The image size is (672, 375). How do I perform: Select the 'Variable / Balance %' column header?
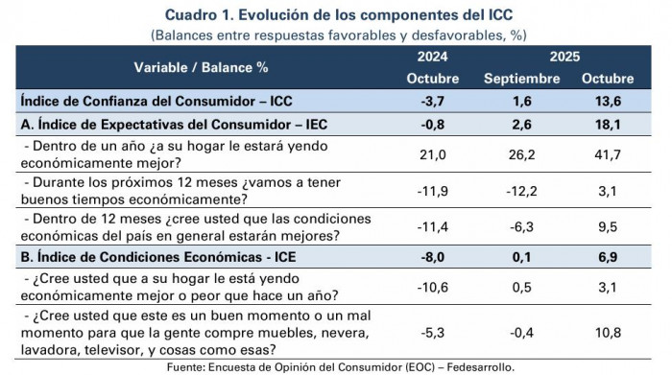(200, 67)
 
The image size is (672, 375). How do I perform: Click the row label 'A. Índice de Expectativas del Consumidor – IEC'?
(173, 124)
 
